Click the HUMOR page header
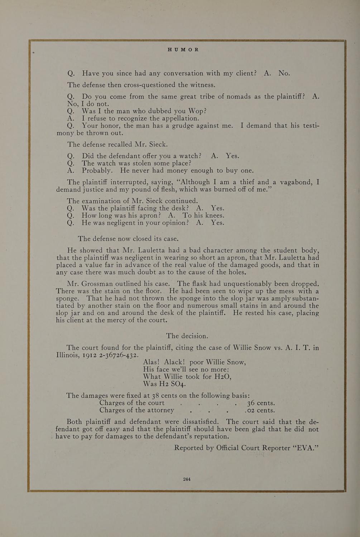[183, 49]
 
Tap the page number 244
[187, 479]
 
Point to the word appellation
[179, 118]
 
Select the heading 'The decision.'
[187, 336]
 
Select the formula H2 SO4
[173, 384]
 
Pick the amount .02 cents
[260, 410]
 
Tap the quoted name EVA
[305, 448]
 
